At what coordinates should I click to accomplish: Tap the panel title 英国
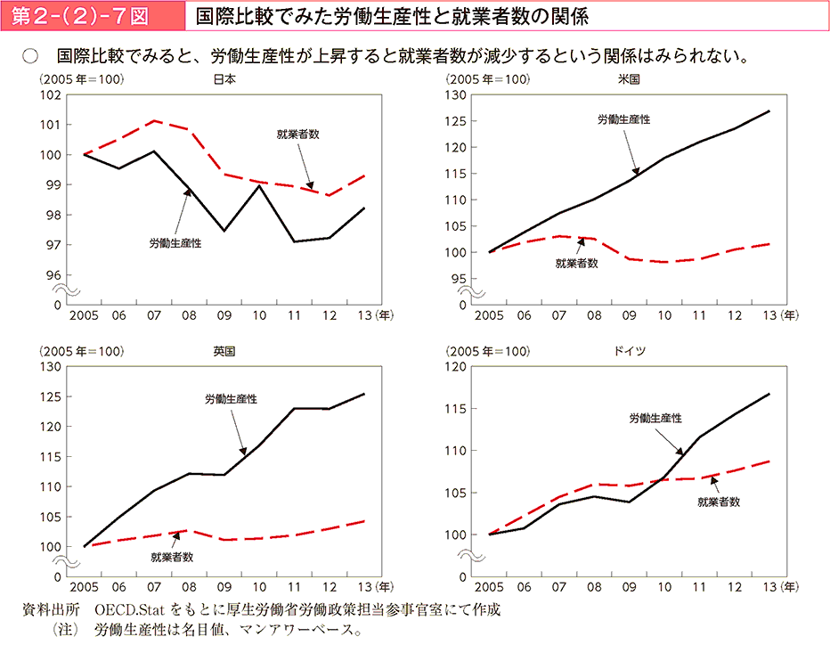coord(224,351)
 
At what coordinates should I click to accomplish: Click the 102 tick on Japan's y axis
coord(51,94)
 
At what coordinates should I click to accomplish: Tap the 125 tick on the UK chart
coord(49,396)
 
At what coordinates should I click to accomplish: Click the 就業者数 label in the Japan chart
coord(297,135)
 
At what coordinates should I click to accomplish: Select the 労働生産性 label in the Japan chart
coord(175,242)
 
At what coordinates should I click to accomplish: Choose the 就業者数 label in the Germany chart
coord(718,502)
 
